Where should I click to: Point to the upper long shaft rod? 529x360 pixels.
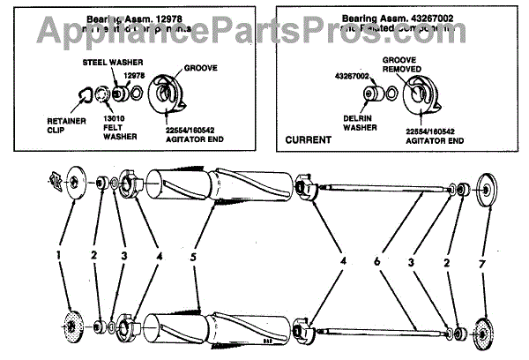[388, 188]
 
